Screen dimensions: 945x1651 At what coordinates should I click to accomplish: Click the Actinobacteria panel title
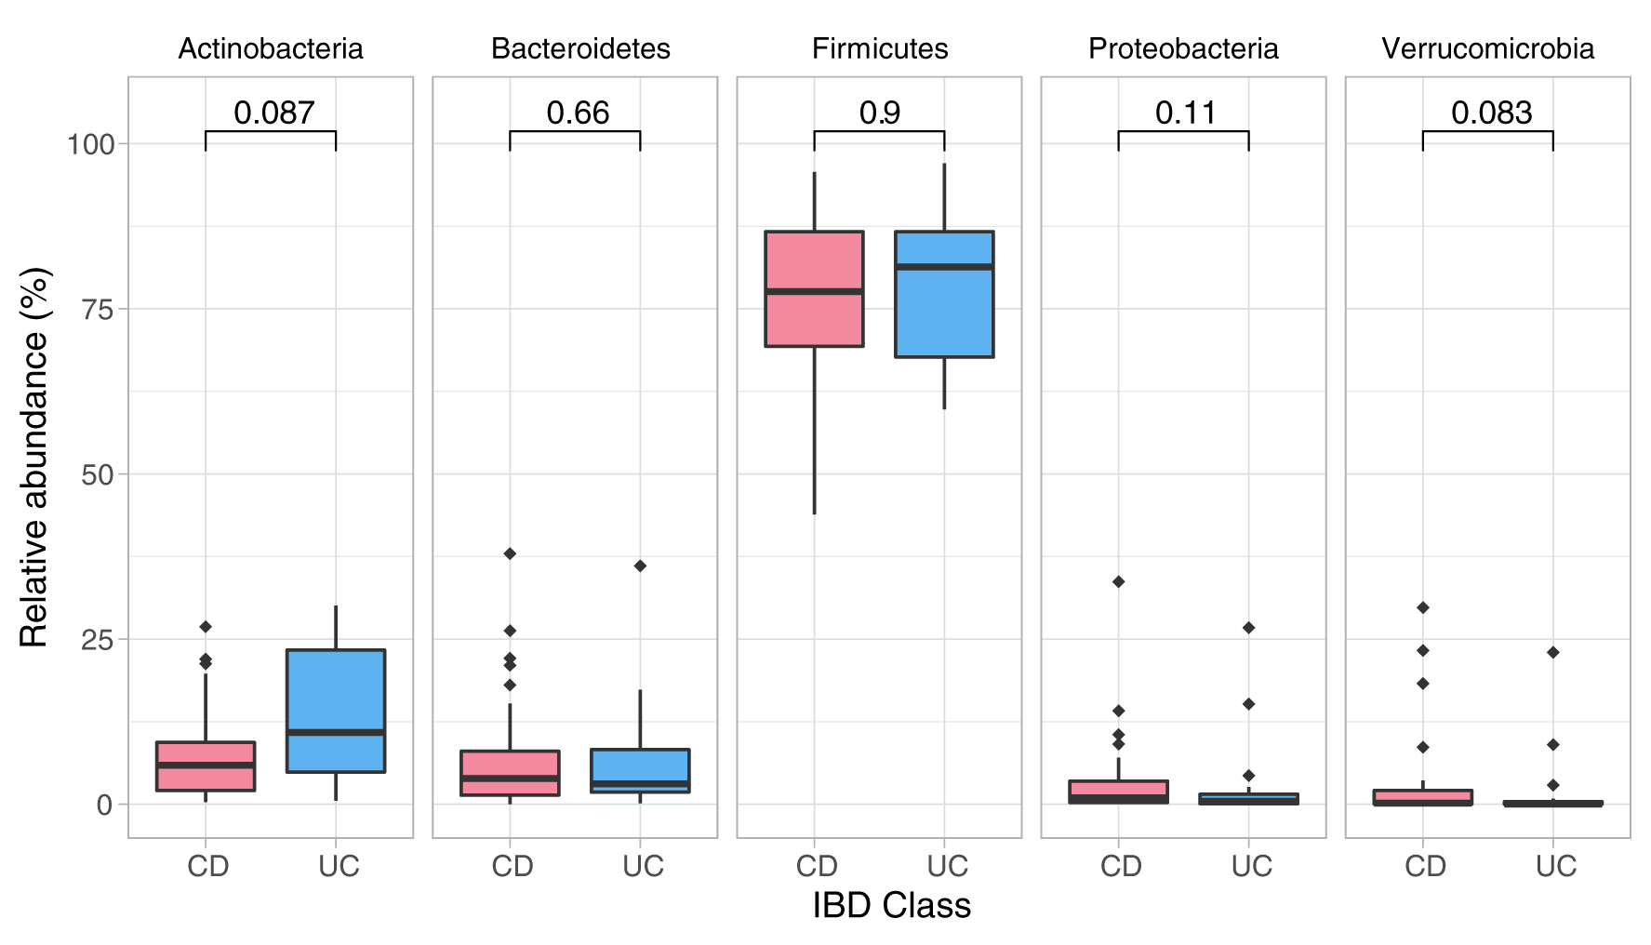pos(270,48)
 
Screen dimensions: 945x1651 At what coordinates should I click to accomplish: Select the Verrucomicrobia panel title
pos(1487,48)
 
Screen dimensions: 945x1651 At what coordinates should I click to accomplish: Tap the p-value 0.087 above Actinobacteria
pos(273,113)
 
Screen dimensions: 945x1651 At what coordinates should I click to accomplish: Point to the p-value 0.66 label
pos(578,113)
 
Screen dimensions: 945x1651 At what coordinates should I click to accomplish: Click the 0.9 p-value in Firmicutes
pos(879,113)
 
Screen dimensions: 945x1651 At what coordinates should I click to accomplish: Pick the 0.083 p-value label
pos(1491,113)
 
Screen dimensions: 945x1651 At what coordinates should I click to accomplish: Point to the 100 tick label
pos(90,144)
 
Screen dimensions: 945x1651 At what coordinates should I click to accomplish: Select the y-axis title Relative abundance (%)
pos(34,458)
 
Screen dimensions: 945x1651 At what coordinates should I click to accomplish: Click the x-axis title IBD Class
pos(891,905)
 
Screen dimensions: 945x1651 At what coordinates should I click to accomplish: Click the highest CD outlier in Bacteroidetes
pos(510,553)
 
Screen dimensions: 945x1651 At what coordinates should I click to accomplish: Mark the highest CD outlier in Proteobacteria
pos(1118,581)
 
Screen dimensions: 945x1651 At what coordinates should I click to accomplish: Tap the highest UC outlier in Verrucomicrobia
pos(1552,652)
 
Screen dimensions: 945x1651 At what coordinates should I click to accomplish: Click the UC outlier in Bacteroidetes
pos(640,566)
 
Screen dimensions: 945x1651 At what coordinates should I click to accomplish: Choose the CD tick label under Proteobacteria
pos(1120,866)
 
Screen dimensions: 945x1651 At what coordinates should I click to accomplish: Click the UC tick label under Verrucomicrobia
pos(1555,866)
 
